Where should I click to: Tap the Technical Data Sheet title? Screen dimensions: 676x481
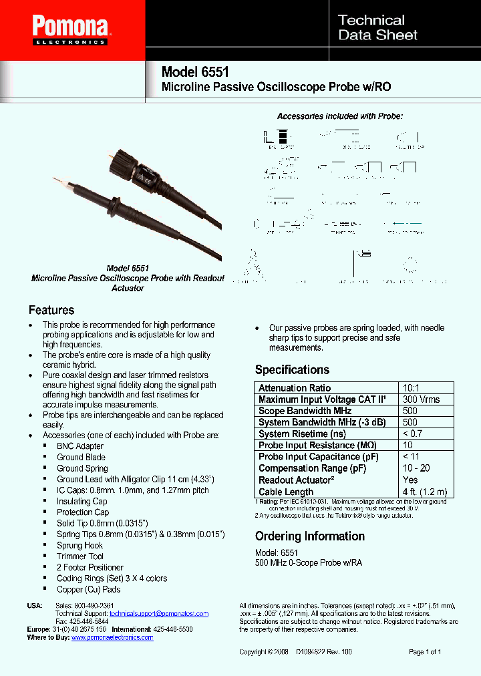pos(377,27)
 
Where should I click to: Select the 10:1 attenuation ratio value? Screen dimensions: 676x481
pos(412,388)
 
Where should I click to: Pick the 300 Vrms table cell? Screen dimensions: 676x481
pos(421,399)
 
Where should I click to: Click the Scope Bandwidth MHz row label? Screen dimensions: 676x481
pos(305,411)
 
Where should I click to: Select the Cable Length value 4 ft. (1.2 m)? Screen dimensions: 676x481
pos(424,492)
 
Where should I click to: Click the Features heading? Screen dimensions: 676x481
pos(51,310)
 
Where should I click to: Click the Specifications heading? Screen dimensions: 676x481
pos(292,370)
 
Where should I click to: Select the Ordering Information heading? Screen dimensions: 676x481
pos(309,536)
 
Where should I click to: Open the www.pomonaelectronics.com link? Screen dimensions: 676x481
pos(112,637)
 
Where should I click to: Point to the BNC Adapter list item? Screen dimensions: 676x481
pos(80,446)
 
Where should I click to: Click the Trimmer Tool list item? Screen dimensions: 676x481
pos(80,556)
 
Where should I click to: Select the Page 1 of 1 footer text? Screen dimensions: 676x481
pos(424,651)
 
